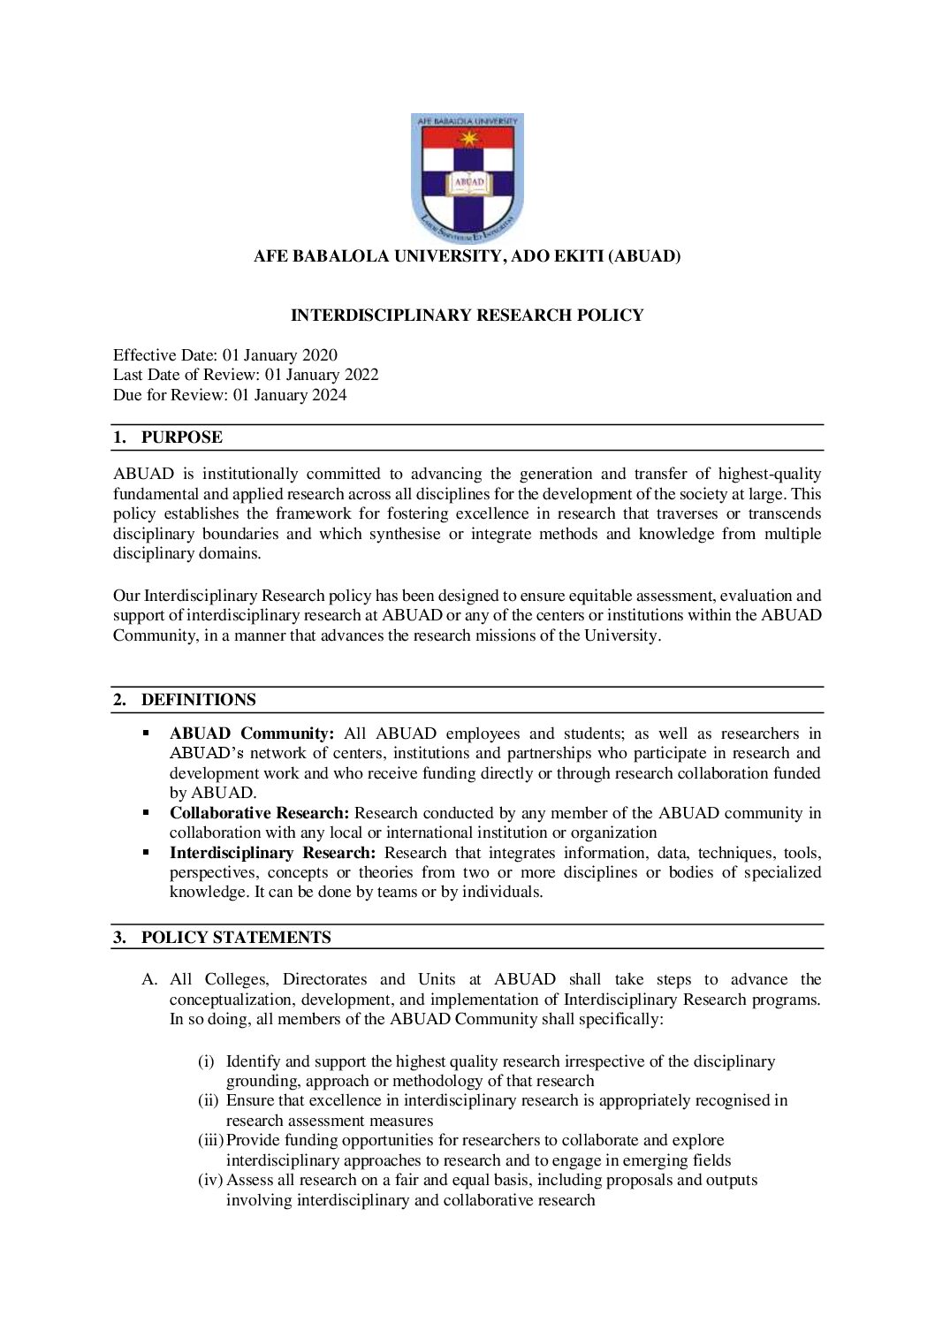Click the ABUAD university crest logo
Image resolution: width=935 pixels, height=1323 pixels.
467,178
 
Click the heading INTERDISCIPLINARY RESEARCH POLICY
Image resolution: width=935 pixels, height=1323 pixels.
467,316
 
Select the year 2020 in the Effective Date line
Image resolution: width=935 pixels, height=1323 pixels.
319,355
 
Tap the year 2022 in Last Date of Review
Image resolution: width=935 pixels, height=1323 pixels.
361,375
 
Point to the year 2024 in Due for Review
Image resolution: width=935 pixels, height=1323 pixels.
329,395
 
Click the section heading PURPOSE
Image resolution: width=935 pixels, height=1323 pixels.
181,437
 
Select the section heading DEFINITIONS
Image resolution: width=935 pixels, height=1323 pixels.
198,700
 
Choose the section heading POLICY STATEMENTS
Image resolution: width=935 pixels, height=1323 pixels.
236,938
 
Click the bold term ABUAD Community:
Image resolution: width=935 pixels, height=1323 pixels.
251,734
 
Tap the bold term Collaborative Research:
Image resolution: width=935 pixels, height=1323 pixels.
259,813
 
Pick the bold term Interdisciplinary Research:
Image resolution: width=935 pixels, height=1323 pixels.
272,853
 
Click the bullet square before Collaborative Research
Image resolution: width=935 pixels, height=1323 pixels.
147,812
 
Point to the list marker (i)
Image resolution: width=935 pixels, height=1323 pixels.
206,1061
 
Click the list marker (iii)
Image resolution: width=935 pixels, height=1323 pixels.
210,1141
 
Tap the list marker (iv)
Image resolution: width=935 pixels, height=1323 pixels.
209,1181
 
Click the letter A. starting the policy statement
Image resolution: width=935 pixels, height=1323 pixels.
149,980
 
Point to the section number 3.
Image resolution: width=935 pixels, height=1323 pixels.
119,938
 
